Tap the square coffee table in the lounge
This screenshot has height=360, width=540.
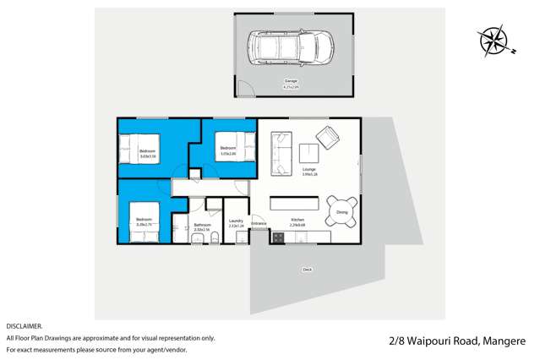309,153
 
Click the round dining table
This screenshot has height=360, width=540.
341,211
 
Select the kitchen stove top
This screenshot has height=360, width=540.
276,237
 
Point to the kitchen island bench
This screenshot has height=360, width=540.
296,204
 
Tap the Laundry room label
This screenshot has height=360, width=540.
236,223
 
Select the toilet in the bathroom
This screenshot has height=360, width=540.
215,239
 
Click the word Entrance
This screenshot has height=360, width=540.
259,223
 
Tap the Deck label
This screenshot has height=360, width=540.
307,270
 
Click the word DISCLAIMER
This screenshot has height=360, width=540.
24,325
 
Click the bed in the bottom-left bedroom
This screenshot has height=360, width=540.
144,221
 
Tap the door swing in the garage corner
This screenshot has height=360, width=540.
243,87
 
